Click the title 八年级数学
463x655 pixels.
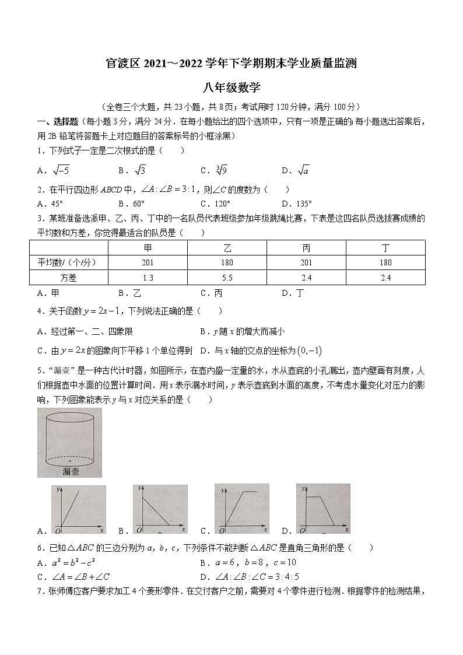(231, 88)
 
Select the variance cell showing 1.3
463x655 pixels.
(148, 278)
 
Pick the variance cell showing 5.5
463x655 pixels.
(227, 278)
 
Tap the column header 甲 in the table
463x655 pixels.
(148, 248)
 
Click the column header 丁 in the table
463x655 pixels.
(385, 248)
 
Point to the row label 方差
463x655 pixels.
(68, 278)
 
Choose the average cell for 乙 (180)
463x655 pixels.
(227, 262)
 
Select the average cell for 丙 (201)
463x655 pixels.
(306, 262)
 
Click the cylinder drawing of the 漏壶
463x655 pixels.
(69, 437)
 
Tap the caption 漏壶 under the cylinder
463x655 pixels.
(70, 472)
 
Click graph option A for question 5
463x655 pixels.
(79, 509)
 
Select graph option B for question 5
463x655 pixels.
(160, 509)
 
